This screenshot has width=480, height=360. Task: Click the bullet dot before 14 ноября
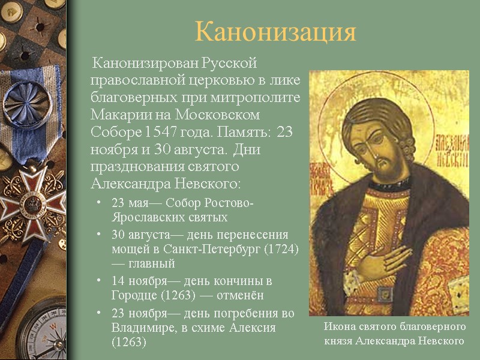[100, 281]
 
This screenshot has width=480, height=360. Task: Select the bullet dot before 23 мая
[100, 204]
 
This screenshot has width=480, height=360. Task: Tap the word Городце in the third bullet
[133, 296]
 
